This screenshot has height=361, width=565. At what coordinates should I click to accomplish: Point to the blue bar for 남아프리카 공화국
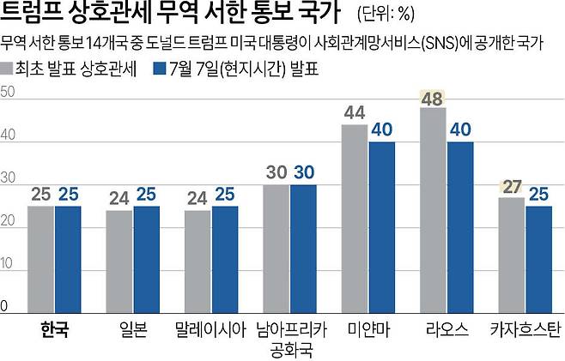[303, 249]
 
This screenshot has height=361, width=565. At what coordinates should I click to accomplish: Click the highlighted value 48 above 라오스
[432, 97]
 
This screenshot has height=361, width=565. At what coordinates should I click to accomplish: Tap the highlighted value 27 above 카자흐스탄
[511, 186]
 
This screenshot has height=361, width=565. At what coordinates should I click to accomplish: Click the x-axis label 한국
[54, 328]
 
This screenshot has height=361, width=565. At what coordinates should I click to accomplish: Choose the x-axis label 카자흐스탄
[524, 328]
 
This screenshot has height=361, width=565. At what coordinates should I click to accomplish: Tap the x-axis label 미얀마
[368, 328]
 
